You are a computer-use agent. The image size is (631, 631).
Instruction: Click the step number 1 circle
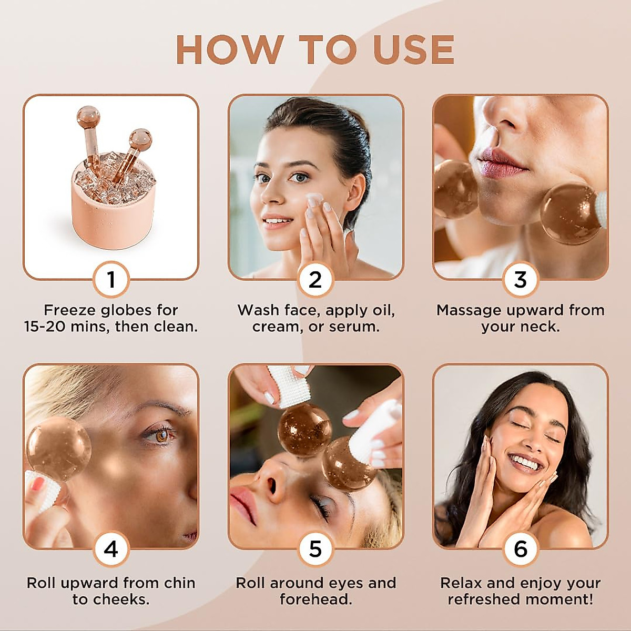[x=111, y=279]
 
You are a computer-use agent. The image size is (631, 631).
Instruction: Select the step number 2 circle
[x=315, y=279]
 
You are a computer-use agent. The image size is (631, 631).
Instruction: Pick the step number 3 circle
[x=520, y=279]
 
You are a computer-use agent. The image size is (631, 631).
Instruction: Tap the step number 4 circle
[x=111, y=549]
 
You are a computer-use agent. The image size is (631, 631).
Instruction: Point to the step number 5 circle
[x=315, y=549]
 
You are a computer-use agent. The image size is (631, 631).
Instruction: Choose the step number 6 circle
[x=520, y=549]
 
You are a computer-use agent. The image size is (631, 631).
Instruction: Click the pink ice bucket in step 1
[x=113, y=205]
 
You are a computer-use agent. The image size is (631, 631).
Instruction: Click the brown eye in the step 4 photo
[x=161, y=435]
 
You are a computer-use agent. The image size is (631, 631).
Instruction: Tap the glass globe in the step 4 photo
[x=59, y=449]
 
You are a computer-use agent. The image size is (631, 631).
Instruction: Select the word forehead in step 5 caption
[x=315, y=599]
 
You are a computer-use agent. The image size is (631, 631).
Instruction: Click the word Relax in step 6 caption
[x=462, y=583]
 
